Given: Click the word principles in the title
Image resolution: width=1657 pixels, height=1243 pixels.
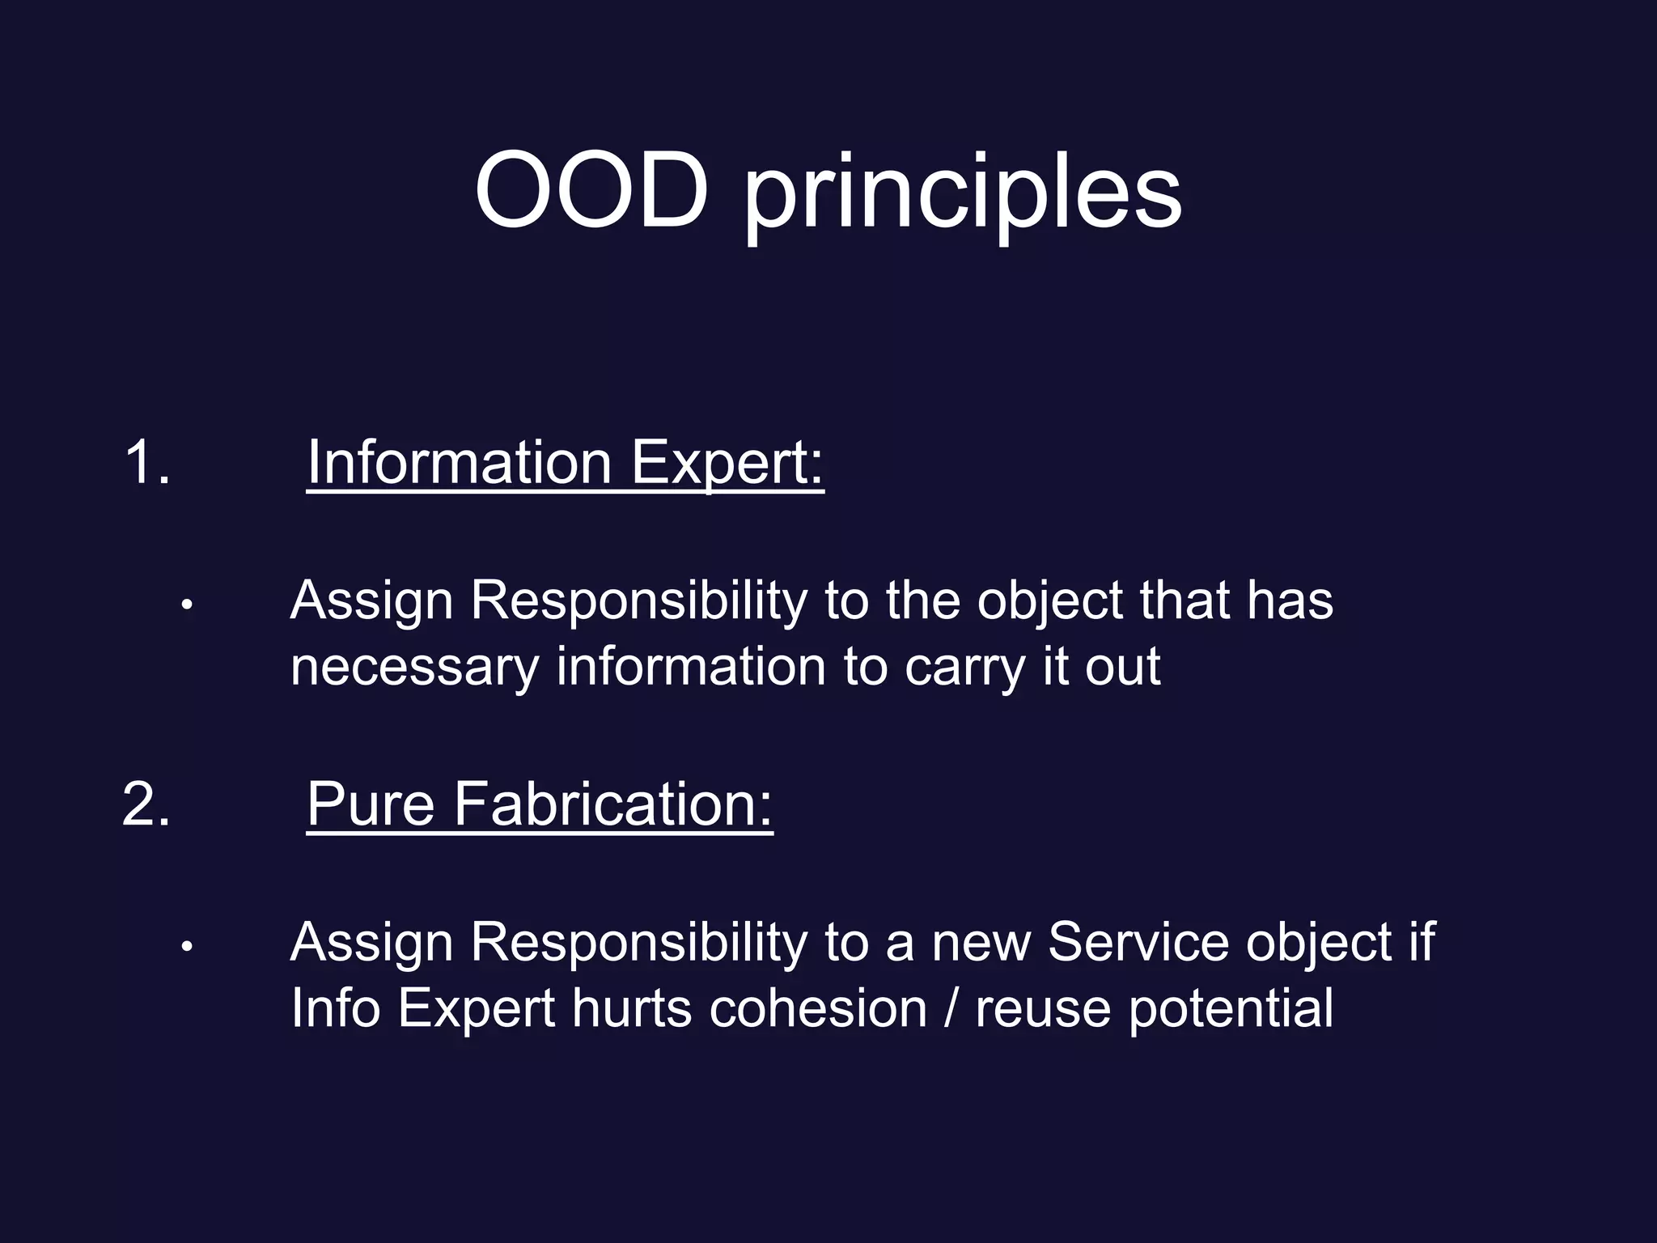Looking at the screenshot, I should coord(962,194).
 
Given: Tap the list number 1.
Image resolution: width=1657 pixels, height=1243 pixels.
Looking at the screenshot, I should coord(146,462).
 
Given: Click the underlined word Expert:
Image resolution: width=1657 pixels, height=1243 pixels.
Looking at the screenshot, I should coord(727,464).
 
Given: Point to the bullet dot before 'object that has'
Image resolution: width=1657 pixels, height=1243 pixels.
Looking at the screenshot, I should coord(187,605).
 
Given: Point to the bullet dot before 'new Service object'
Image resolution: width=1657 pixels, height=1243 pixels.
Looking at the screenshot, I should coord(187,946).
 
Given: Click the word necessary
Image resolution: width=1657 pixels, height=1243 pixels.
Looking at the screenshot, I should coord(414,668).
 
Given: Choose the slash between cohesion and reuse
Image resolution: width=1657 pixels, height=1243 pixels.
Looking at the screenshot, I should coord(951,1008).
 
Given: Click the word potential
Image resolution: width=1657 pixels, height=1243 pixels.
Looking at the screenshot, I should coord(1230,1010).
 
